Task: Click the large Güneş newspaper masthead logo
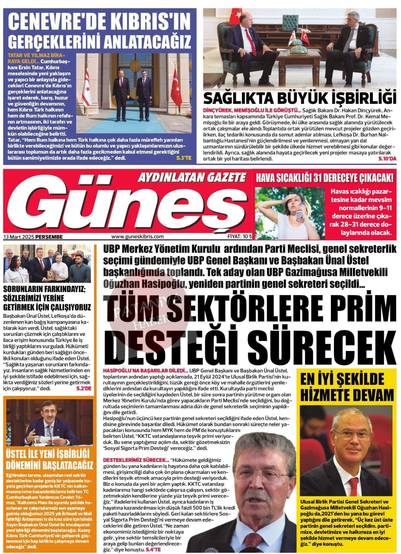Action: click(127, 205)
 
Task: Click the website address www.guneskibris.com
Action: click(137, 237)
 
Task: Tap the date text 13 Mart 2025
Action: click(19, 237)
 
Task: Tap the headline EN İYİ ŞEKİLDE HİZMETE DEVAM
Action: click(346, 387)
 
